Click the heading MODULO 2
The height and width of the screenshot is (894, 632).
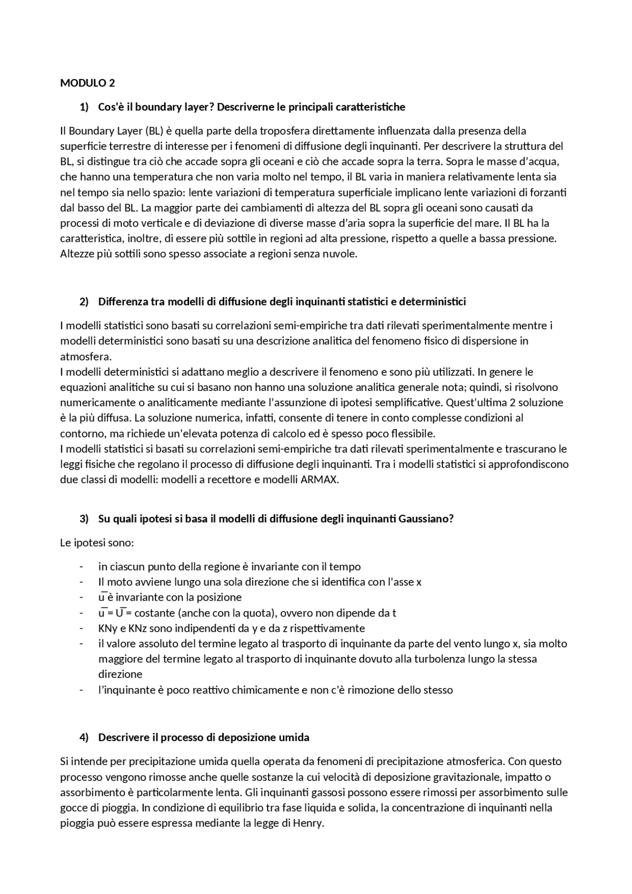(x=87, y=83)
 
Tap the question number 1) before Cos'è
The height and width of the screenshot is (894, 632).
(x=84, y=107)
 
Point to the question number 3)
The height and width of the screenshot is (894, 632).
(x=84, y=519)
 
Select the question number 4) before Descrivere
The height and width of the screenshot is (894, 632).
(x=84, y=738)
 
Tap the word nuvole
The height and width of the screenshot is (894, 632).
(x=340, y=254)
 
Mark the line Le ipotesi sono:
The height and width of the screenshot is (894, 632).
(x=97, y=543)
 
